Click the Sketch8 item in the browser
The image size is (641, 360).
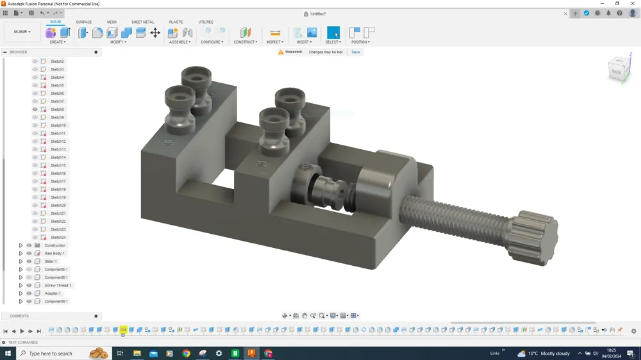[x=57, y=110]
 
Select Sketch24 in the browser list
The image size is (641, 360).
[x=58, y=238]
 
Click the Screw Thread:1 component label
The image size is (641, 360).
[x=58, y=286]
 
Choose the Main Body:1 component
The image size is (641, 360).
[x=54, y=254]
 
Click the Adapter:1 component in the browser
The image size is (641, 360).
[x=53, y=293]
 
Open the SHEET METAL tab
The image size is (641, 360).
[x=142, y=22]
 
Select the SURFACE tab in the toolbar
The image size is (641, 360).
[x=84, y=22]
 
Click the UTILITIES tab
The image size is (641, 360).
[x=206, y=22]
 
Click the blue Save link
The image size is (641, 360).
[x=355, y=52]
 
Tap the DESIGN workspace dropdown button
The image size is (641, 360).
[x=22, y=31]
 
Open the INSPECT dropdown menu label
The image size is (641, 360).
[x=274, y=42]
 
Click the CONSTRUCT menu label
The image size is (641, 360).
[x=245, y=42]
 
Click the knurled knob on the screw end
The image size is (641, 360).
[x=531, y=239]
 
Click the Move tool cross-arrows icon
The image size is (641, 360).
[x=155, y=33]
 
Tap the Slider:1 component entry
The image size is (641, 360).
[x=51, y=261]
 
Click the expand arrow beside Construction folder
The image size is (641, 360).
[x=21, y=245]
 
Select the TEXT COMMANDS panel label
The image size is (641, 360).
[x=23, y=343]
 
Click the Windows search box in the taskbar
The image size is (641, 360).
[x=54, y=354]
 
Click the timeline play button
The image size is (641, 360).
[x=22, y=331]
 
